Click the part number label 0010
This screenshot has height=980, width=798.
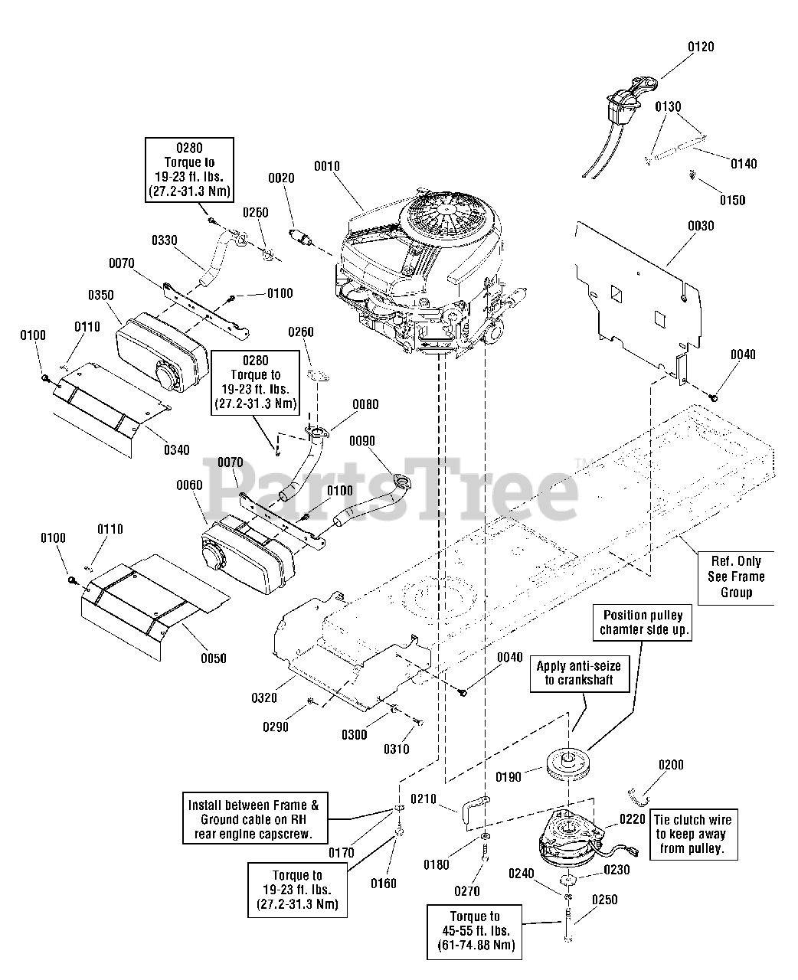point(326,166)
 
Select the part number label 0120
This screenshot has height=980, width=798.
point(700,47)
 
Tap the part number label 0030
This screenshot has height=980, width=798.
point(700,226)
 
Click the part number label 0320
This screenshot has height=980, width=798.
point(263,697)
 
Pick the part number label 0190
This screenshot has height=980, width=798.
point(509,777)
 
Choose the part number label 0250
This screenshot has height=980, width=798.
point(604,900)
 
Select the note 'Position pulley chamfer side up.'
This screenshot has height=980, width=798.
point(643,622)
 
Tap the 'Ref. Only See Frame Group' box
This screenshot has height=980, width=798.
point(736,577)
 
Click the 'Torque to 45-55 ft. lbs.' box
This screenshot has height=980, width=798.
point(475,931)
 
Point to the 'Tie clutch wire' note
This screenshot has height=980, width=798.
point(691,835)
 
